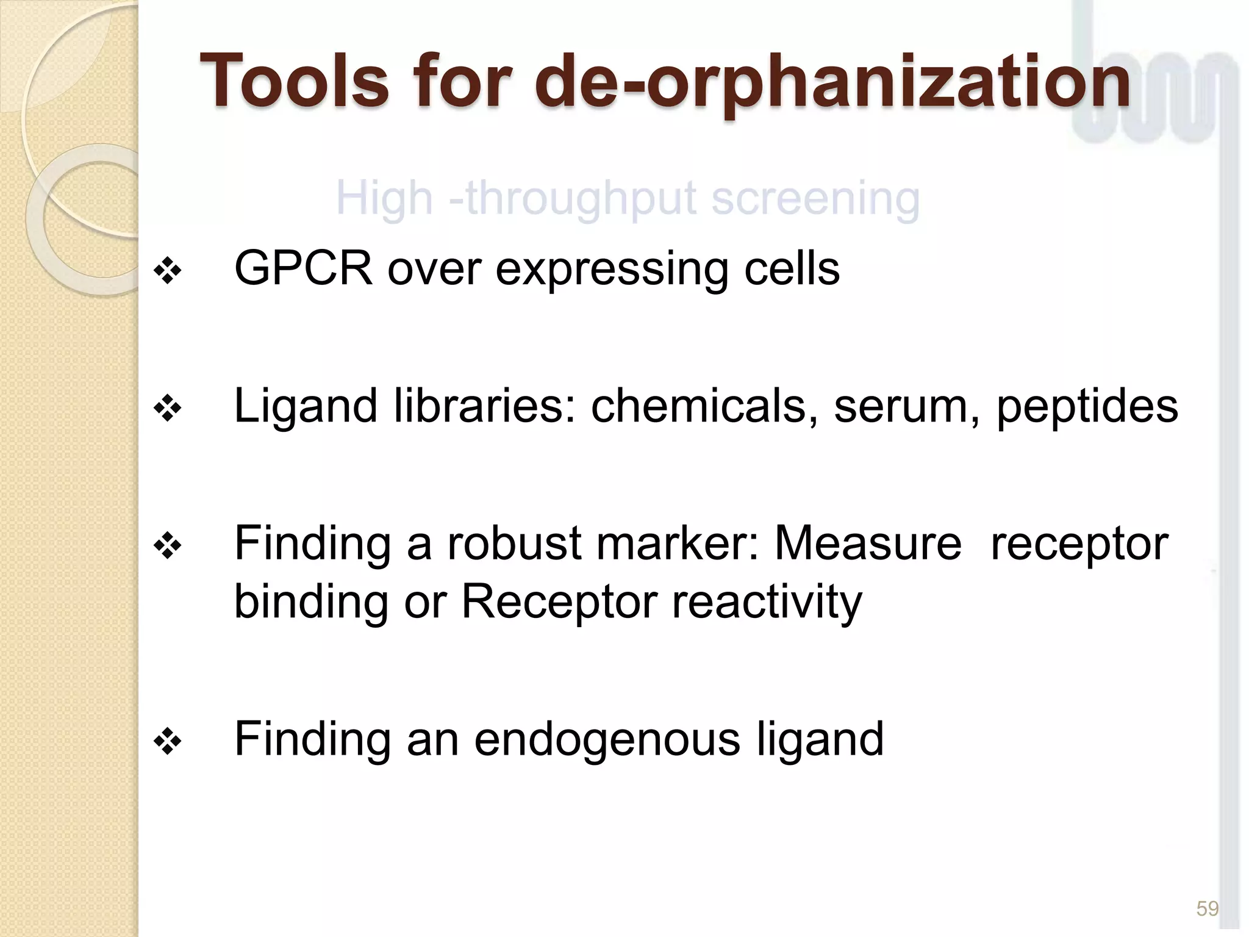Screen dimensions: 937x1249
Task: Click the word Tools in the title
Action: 294,81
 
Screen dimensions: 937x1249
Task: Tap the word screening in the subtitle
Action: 815,198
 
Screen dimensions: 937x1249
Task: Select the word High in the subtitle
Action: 384,199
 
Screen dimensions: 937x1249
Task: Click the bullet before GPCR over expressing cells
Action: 168,271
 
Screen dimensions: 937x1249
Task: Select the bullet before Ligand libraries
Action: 168,409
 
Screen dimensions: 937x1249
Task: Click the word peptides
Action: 1087,407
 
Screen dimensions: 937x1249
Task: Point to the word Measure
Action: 867,542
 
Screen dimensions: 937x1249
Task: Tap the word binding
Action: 311,601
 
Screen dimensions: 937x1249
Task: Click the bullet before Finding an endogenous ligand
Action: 168,742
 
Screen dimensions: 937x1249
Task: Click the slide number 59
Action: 1207,908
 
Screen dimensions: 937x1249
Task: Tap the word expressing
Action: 612,269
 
